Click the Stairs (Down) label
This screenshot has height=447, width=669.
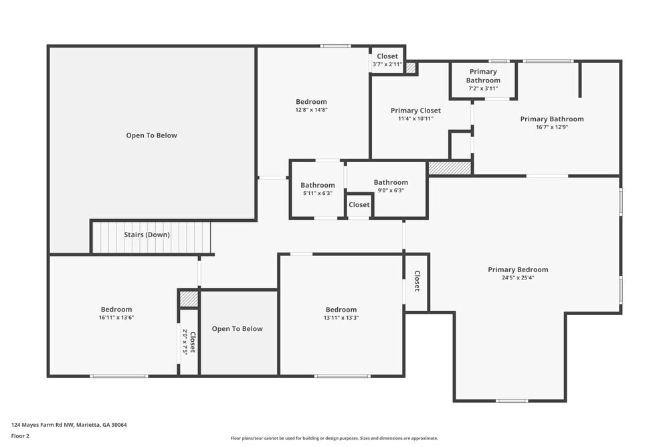pos(147,235)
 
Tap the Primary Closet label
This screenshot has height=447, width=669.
pos(415,111)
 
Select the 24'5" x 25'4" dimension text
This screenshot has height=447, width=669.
pos(518,277)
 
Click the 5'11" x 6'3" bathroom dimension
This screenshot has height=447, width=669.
pos(317,193)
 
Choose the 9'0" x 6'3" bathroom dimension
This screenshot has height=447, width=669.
pos(391,190)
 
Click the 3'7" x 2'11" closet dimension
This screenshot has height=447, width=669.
pos(387,64)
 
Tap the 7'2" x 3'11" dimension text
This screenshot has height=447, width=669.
pos(483,88)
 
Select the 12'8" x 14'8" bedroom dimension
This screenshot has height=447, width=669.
pos(311,110)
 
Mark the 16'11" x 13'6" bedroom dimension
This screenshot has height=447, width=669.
pos(116,318)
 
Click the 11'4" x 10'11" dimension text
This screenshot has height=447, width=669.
pos(415,119)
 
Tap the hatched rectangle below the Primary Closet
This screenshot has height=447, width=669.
pos(450,168)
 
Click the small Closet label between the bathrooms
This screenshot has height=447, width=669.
pos(359,205)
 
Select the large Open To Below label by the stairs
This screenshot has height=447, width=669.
pos(152,135)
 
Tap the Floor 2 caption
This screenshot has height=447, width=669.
pos(20,436)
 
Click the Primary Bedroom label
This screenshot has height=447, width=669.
pos(518,269)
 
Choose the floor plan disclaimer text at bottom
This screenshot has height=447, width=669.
pos(334,438)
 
